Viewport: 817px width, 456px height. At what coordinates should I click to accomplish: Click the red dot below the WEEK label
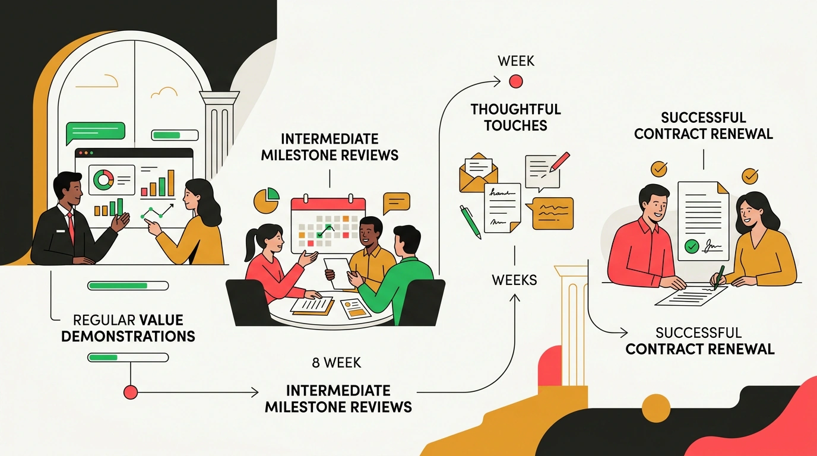[x=516, y=81]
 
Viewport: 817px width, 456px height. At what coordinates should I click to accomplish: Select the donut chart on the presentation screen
[x=103, y=179]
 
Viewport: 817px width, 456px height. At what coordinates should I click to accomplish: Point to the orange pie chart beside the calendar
[x=266, y=200]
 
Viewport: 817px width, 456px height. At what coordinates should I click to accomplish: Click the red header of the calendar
[x=328, y=204]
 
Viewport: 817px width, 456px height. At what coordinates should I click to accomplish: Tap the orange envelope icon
[x=479, y=173]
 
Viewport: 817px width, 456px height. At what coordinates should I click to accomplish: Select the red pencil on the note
[x=560, y=161]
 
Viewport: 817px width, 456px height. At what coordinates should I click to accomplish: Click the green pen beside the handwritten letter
[x=470, y=222]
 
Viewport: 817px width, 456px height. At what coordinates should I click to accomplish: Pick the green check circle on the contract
[x=692, y=246]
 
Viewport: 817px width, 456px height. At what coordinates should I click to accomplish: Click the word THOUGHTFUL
[x=516, y=109]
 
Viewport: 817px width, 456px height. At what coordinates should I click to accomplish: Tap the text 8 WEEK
[x=337, y=363]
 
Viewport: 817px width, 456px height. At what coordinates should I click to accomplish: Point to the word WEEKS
[x=514, y=280]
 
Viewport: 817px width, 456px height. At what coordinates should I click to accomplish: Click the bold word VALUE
[x=161, y=320]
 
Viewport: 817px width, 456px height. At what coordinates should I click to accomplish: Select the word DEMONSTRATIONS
[x=128, y=336]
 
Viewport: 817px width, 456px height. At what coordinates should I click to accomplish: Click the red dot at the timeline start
[x=131, y=392]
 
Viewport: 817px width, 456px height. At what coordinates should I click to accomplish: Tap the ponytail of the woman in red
[x=252, y=245]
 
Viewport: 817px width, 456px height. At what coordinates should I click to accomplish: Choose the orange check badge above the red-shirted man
[x=659, y=169]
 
